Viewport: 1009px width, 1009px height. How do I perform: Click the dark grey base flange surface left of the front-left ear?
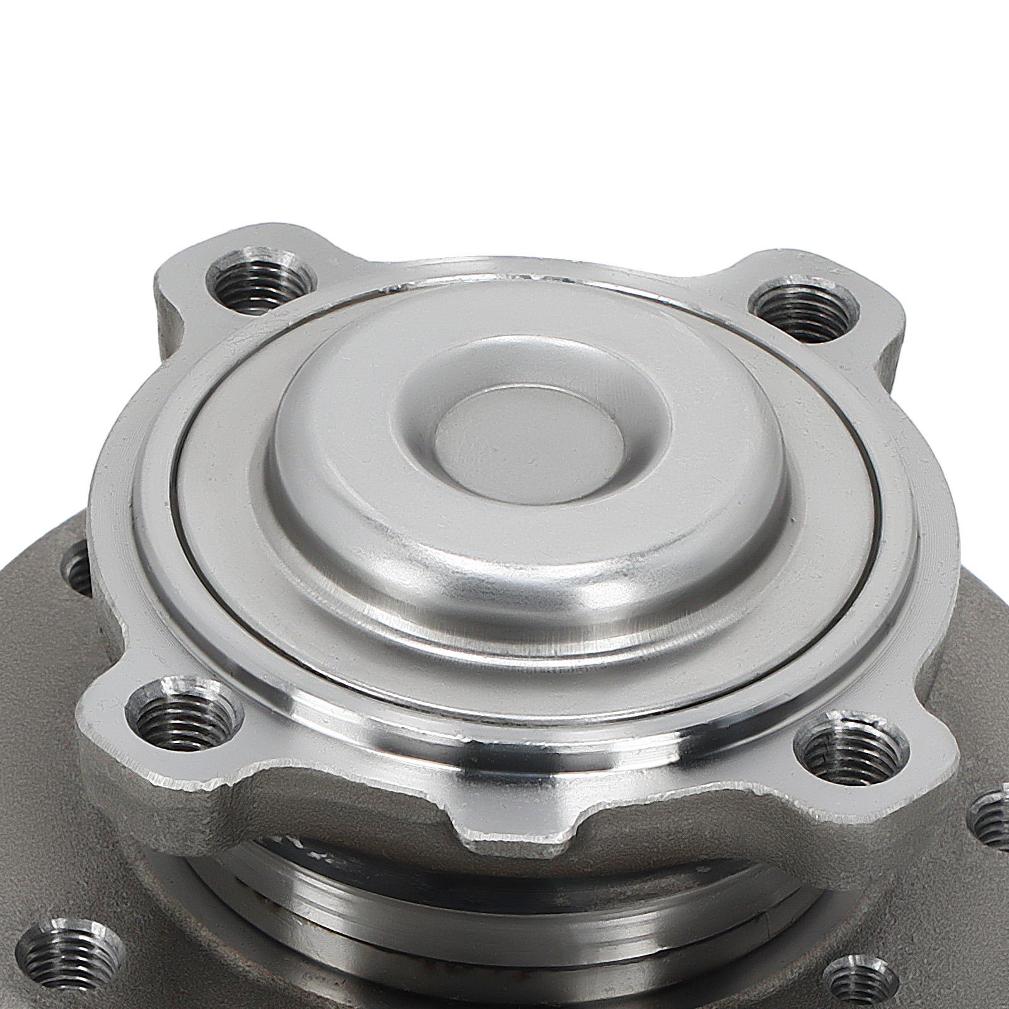coord(38,725)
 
